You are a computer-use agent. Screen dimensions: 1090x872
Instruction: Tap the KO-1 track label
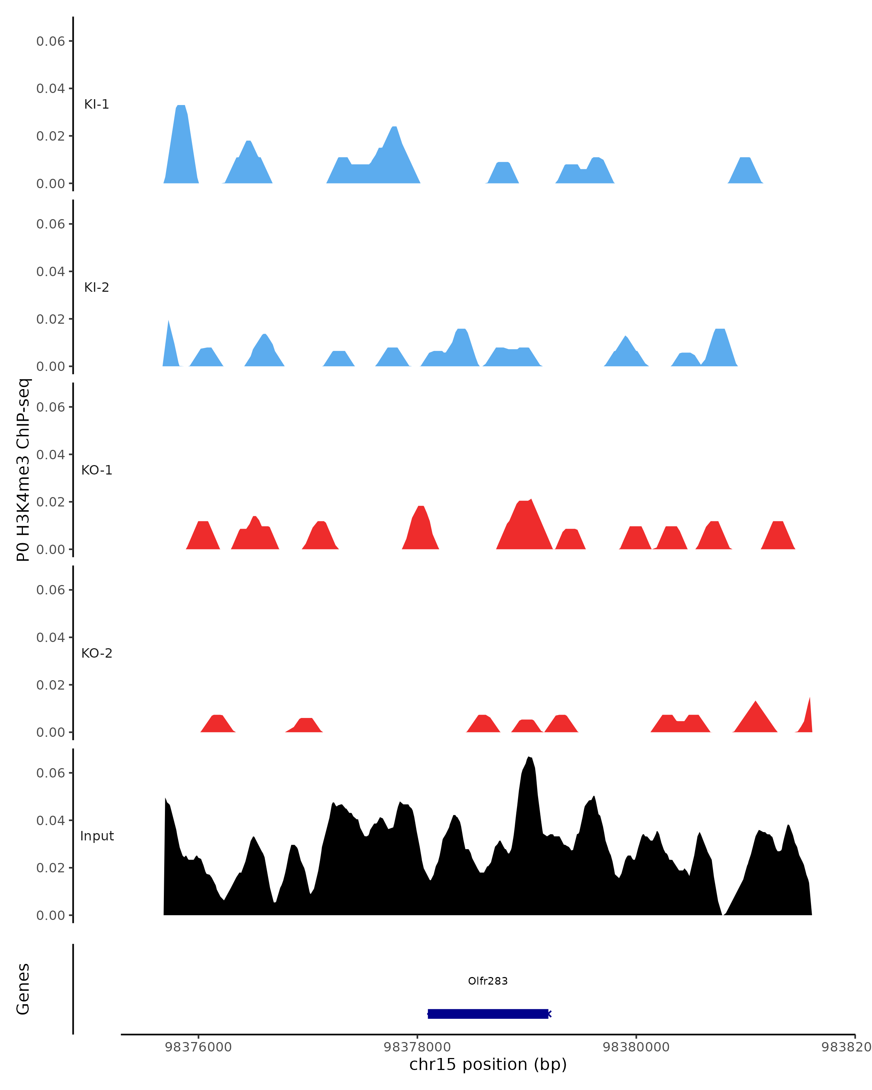[97, 470]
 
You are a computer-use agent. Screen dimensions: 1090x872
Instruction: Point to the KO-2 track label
[97, 653]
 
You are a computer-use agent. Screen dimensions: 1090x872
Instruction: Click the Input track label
[97, 836]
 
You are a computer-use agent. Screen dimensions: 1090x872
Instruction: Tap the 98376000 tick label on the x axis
[198, 1047]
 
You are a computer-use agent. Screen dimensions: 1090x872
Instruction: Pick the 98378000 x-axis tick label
[417, 1047]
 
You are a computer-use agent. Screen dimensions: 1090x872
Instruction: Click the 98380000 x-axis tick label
[636, 1047]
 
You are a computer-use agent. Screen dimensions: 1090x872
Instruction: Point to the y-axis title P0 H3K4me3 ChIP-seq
[23, 470]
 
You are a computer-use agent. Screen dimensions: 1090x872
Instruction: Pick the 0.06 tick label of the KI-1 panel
[51, 41]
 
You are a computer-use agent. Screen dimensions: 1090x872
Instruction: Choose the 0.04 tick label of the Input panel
[51, 820]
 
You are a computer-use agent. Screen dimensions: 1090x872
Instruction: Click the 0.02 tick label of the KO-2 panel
[51, 685]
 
